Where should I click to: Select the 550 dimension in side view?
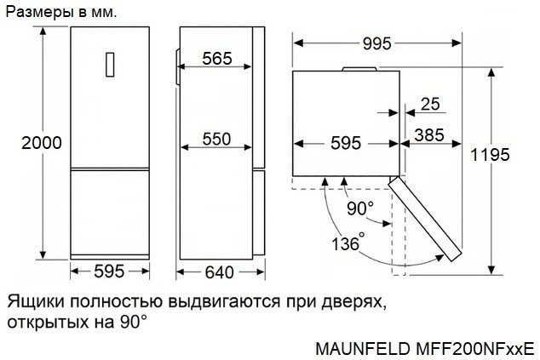[x=217, y=139]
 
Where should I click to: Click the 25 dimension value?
[x=430, y=105]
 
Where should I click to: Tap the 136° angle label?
[x=348, y=243]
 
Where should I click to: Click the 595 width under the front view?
[x=109, y=272]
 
